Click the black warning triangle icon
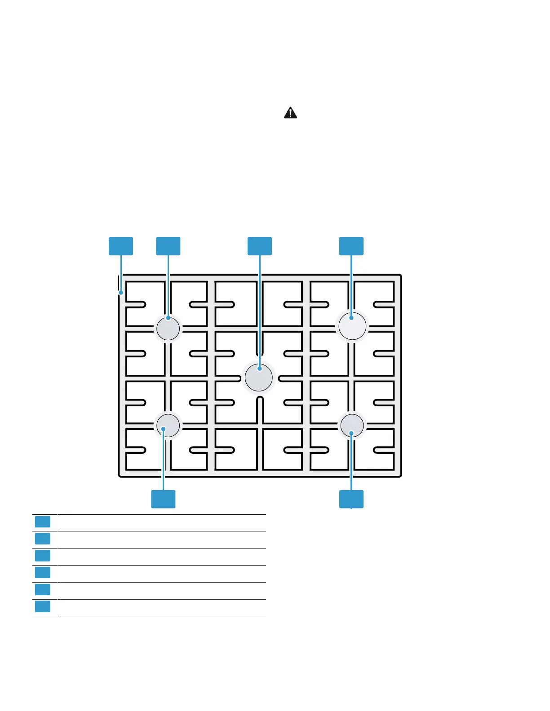pos(291,113)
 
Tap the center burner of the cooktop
pos(259,377)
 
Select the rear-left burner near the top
pos(168,328)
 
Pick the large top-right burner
pos(352,326)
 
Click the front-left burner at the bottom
pos(168,426)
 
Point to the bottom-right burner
pos(352,425)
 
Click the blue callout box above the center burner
pos(260,246)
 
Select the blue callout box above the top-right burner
pos(351,246)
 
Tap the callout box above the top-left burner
pos(168,246)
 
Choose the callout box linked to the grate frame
pos(121,246)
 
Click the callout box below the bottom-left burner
pos(163,499)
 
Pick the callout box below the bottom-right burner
pos(351,499)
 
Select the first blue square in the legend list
pos(43,522)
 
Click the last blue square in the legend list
pos(43,607)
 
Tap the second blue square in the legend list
pos(43,539)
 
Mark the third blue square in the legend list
pos(43,556)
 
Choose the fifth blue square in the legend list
pos(43,589)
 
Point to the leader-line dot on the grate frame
pos(121,293)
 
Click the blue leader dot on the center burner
pos(260,369)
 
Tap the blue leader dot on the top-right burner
pos(351,318)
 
